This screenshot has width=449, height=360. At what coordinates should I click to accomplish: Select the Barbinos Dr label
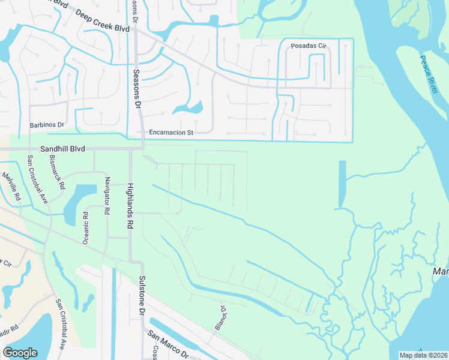click(47, 124)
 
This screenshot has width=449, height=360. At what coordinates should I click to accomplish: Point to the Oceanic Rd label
click(85, 227)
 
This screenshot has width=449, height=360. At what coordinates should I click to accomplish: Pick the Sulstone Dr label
click(142, 296)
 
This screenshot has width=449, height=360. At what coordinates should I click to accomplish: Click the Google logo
click(20, 353)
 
